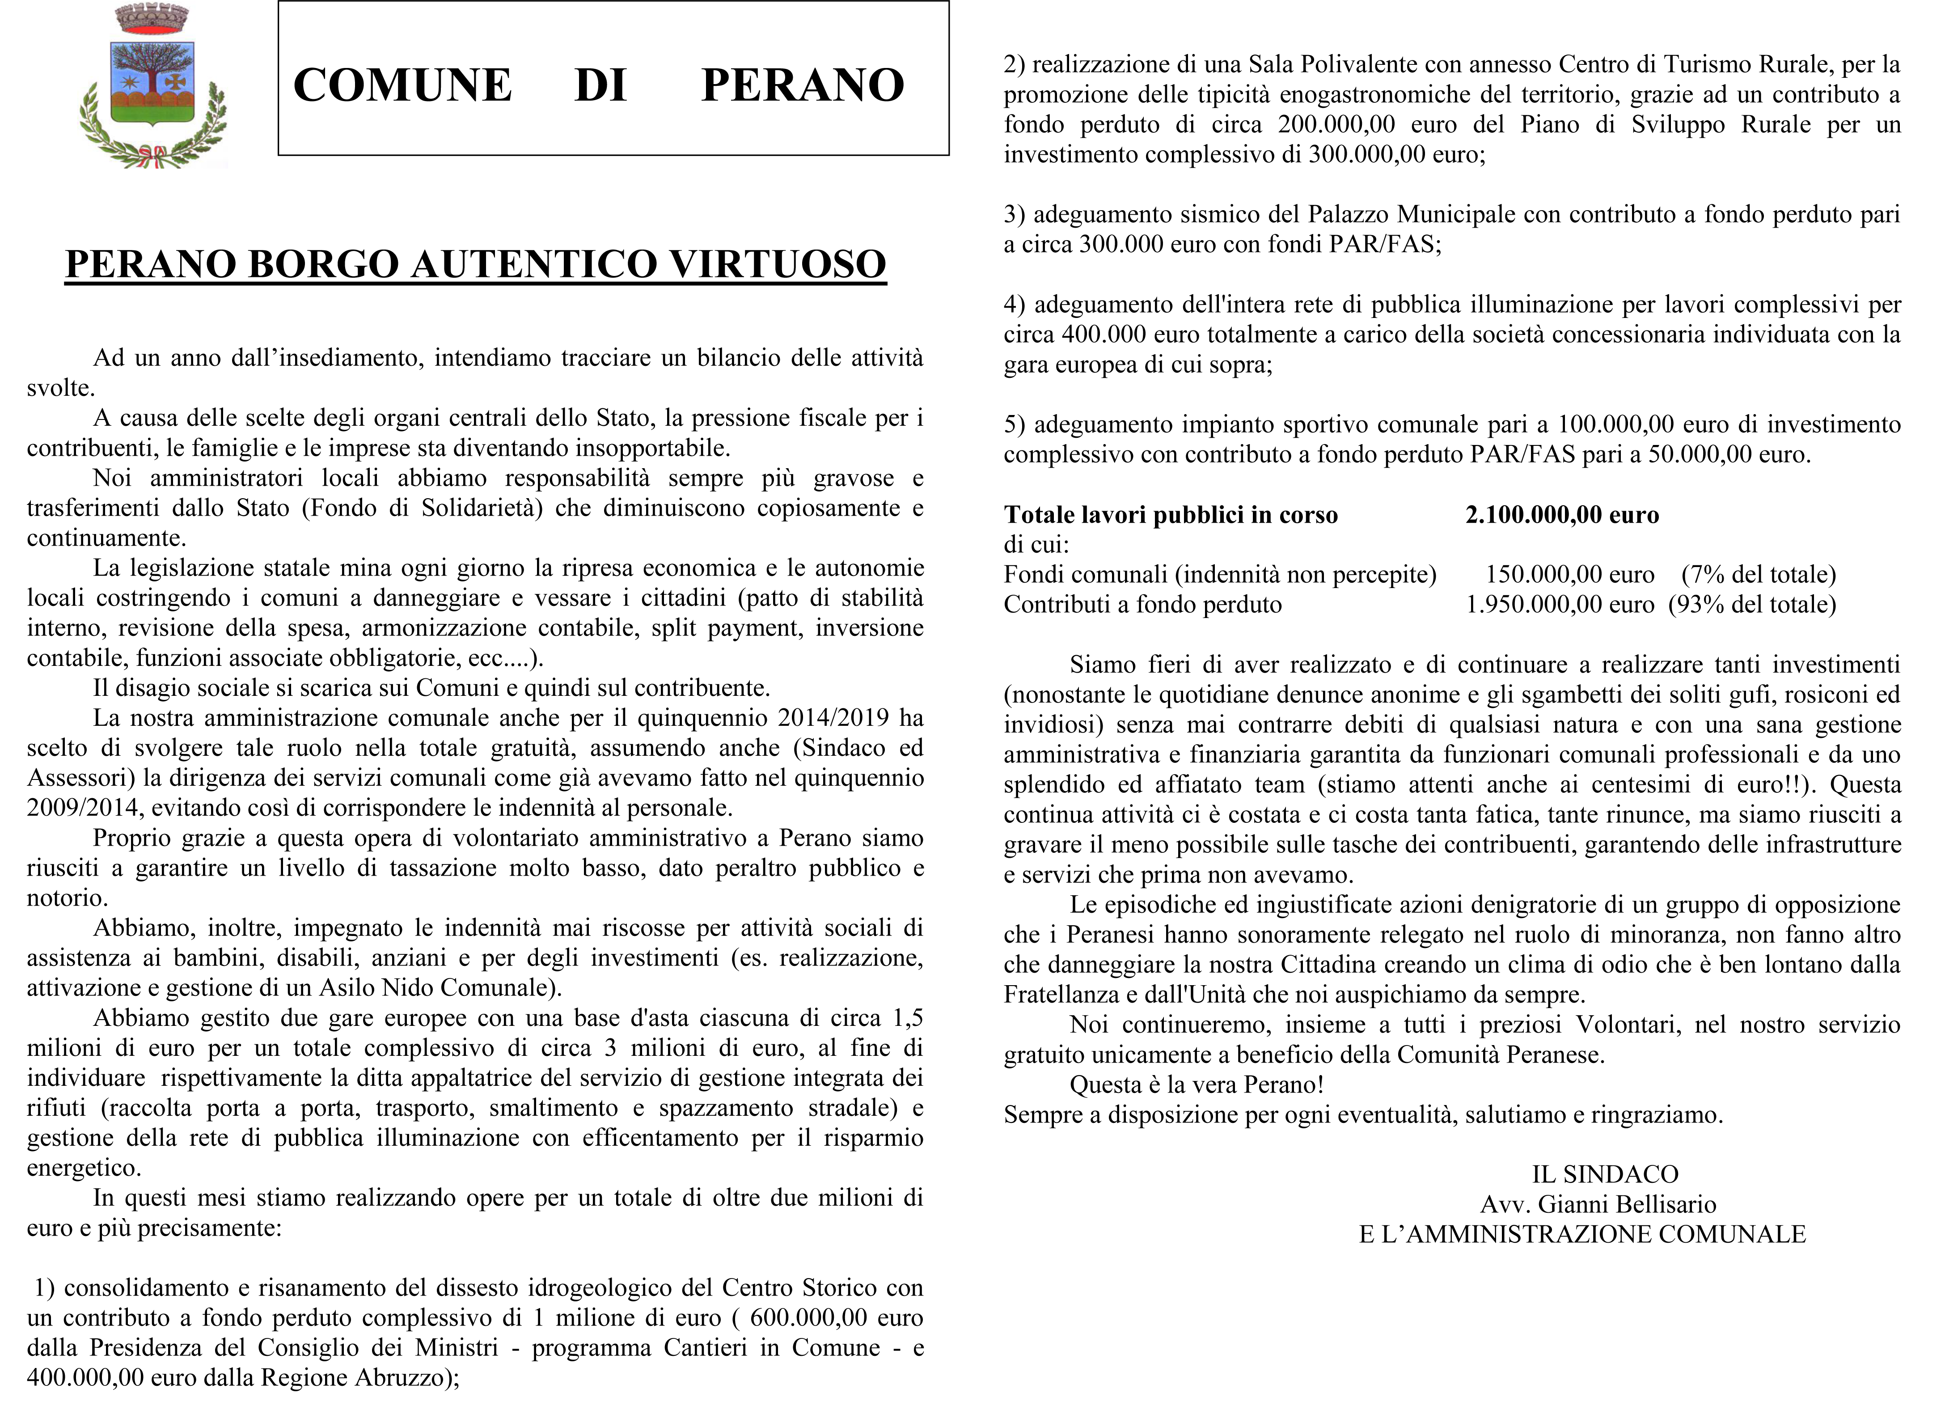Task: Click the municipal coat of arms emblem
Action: tap(152, 86)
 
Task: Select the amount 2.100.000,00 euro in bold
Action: tap(1562, 515)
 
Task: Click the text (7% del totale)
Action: tap(1758, 575)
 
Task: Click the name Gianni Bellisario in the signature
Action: tap(1627, 1204)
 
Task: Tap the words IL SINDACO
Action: tap(1605, 1174)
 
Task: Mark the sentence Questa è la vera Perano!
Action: tap(1197, 1085)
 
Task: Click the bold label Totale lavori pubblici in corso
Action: tap(1171, 515)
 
